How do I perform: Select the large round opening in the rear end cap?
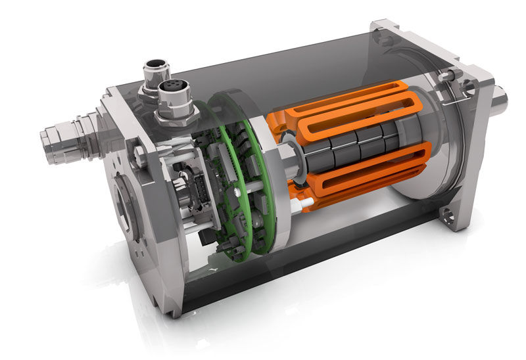point(126,210)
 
